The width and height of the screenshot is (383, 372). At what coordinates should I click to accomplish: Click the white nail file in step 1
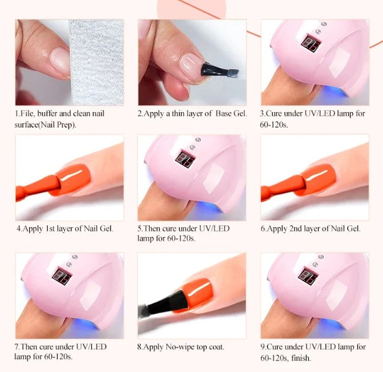click(x=98, y=61)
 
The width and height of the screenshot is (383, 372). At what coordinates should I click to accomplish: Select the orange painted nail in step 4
click(x=71, y=181)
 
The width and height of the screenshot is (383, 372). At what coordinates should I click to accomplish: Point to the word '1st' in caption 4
click(x=53, y=229)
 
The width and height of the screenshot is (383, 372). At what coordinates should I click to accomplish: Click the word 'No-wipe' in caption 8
click(x=179, y=347)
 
